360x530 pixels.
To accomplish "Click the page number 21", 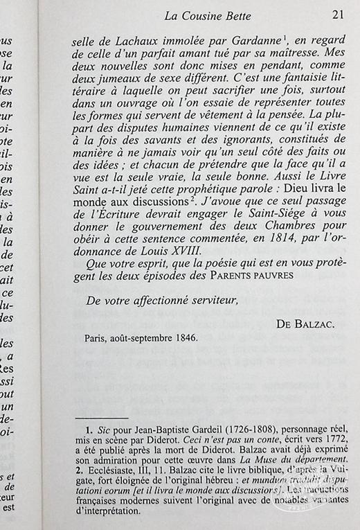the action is pos(338,15).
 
